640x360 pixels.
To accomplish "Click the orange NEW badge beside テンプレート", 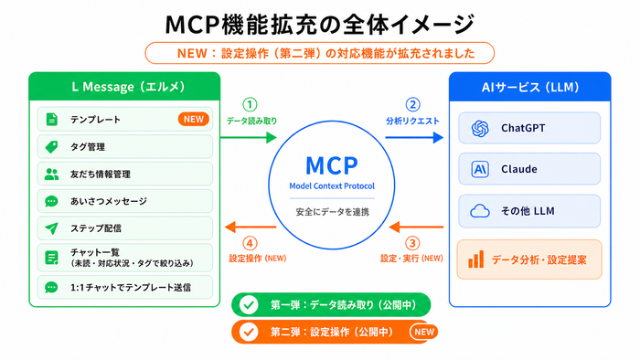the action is click(194, 119).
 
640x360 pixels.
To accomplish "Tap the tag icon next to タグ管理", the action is click(52, 147).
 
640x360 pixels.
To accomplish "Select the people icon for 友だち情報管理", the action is click(52, 175).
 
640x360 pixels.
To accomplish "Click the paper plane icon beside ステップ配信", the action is click(52, 228).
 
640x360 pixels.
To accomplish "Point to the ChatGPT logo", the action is click(480, 129).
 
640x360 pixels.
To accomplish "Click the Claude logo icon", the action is click(480, 169).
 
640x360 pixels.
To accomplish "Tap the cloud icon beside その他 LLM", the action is click(480, 211).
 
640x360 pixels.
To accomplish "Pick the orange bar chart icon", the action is click(476, 259).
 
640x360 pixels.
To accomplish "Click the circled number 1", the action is click(250, 105).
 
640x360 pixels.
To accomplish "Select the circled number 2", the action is click(412, 105).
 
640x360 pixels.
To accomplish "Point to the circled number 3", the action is click(412, 243).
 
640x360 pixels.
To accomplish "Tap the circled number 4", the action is click(250, 243).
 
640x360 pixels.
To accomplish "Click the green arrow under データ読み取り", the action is click(249, 137).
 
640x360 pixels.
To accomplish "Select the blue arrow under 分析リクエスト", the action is click(414, 137).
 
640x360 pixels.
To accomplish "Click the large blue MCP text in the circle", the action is click(331, 165).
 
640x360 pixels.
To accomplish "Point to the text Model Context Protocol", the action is click(332, 185).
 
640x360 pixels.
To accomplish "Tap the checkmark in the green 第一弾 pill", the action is click(249, 304).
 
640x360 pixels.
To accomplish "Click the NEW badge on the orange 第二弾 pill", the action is click(424, 332).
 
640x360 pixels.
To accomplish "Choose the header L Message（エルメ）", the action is click(128, 87).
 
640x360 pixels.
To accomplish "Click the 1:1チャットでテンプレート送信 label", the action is click(131, 288).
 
